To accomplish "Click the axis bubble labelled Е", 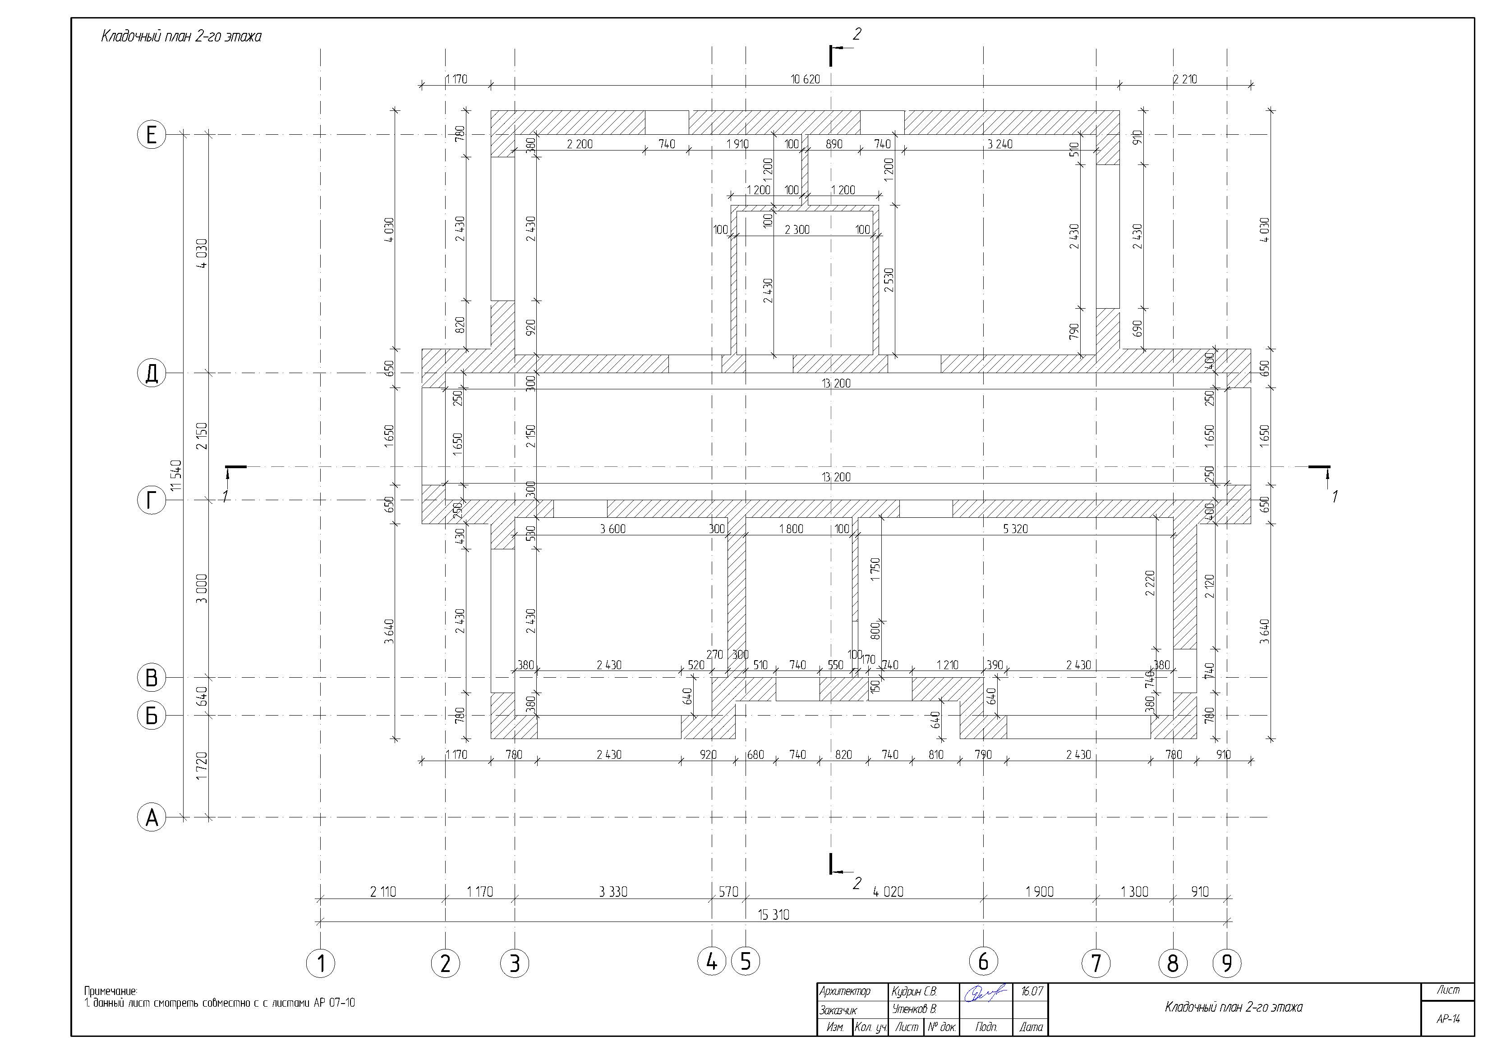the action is (152, 135).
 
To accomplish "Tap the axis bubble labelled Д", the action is (152, 374).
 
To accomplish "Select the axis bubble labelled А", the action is (152, 817).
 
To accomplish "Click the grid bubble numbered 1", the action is (320, 963).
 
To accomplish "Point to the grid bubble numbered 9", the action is (1227, 963).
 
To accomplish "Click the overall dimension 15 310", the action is (774, 914).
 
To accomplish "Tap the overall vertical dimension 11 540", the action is (176, 476).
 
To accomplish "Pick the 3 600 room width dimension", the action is (613, 529).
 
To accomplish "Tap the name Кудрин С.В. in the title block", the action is (914, 992).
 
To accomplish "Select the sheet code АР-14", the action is (1448, 1019).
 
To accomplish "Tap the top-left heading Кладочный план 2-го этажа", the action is (181, 37).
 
